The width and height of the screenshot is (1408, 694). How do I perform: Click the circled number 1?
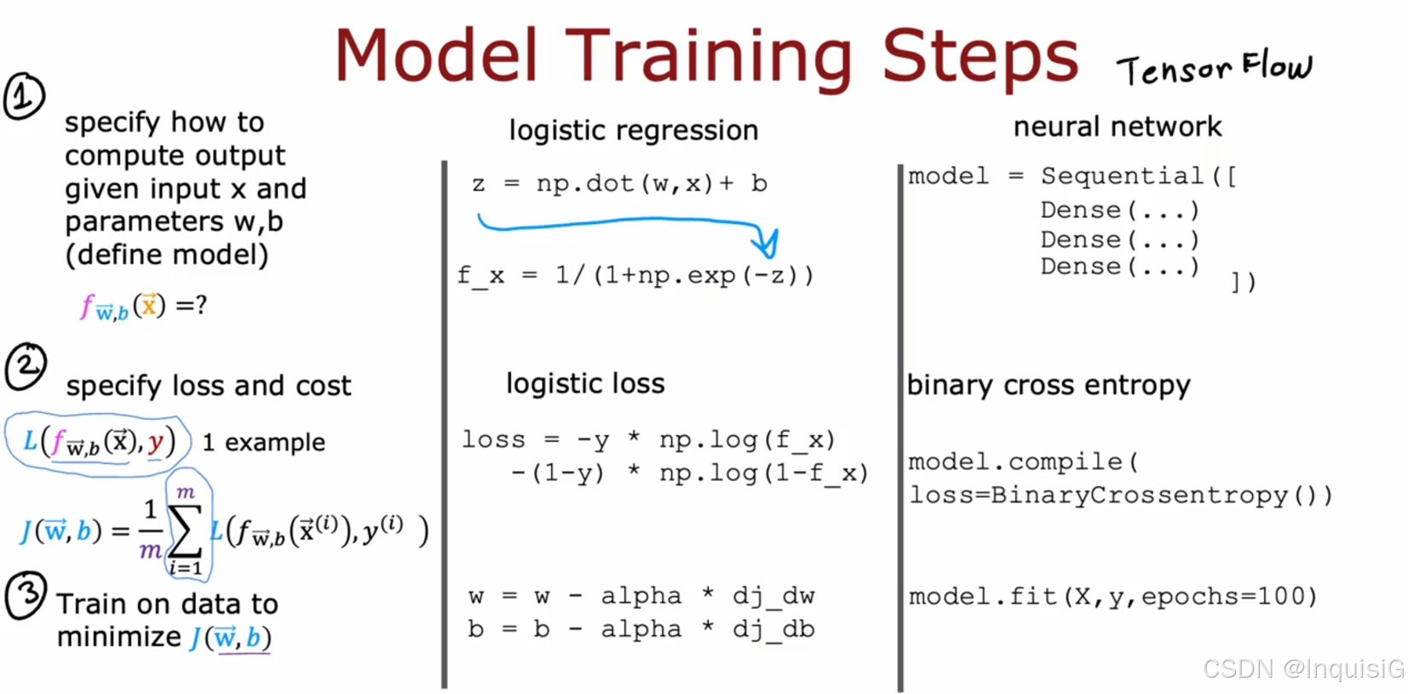tap(24, 96)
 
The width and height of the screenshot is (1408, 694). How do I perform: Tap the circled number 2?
tap(26, 366)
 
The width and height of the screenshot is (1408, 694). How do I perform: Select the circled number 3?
tap(26, 594)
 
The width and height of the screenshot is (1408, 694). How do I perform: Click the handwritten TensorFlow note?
tap(1215, 68)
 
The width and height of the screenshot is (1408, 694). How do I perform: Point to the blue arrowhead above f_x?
tap(768, 244)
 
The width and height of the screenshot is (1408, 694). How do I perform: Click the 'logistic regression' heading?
tap(634, 130)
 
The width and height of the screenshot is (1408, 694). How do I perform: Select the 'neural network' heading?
tap(1118, 126)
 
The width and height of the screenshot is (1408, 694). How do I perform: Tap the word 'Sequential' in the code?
tap(1122, 175)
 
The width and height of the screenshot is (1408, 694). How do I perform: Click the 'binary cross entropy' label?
tap(1049, 385)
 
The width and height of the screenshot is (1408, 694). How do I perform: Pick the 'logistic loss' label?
tap(585, 383)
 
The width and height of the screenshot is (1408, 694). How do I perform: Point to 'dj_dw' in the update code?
tap(773, 595)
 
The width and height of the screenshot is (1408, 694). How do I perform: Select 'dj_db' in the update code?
tap(773, 628)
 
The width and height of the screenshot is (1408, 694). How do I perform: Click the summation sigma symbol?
tap(186, 530)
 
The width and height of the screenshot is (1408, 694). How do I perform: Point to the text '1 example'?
tap(263, 443)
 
